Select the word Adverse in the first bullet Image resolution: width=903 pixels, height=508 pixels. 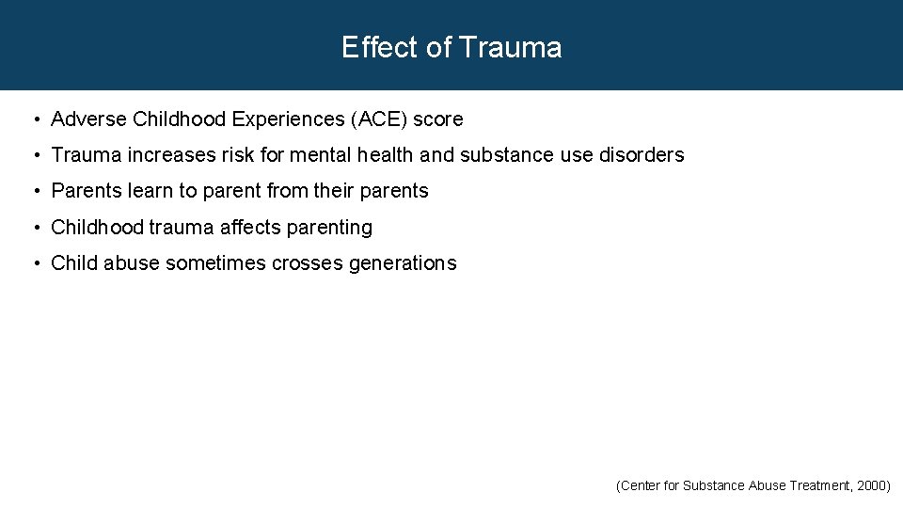(x=89, y=119)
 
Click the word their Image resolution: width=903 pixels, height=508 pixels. (x=333, y=191)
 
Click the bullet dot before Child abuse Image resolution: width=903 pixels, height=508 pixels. (x=35, y=263)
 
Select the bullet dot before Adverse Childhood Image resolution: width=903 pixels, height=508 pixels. (x=35, y=119)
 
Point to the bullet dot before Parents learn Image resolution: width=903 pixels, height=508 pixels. (x=35, y=191)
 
